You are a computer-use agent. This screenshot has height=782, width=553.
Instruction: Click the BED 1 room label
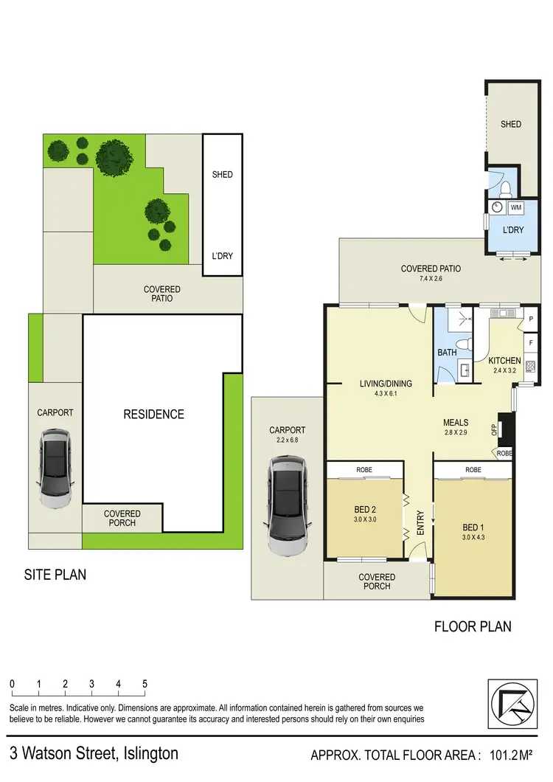[x=473, y=527]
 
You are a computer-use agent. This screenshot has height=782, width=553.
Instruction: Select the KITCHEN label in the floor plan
[x=504, y=361]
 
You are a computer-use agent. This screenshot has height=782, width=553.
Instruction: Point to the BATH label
[x=448, y=353]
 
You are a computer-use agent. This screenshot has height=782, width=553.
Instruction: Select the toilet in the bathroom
[x=463, y=344]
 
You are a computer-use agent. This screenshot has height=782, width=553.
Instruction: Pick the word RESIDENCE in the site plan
[x=153, y=414]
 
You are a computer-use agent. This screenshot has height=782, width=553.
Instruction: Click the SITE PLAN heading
[x=55, y=574]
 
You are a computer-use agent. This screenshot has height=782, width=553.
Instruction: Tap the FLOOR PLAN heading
[x=473, y=627]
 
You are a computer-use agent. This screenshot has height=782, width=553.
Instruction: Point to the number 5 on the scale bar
[x=145, y=684]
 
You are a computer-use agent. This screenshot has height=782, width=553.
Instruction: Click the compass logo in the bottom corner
[x=514, y=705]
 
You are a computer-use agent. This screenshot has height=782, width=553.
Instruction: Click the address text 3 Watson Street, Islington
[x=94, y=754]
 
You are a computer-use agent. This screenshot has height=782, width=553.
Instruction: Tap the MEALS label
[x=456, y=423]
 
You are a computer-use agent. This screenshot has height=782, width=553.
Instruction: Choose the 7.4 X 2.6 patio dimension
[x=431, y=280]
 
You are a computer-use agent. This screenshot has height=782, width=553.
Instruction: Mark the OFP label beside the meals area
[x=495, y=429]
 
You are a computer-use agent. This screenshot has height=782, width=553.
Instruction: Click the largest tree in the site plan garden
[x=113, y=157]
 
